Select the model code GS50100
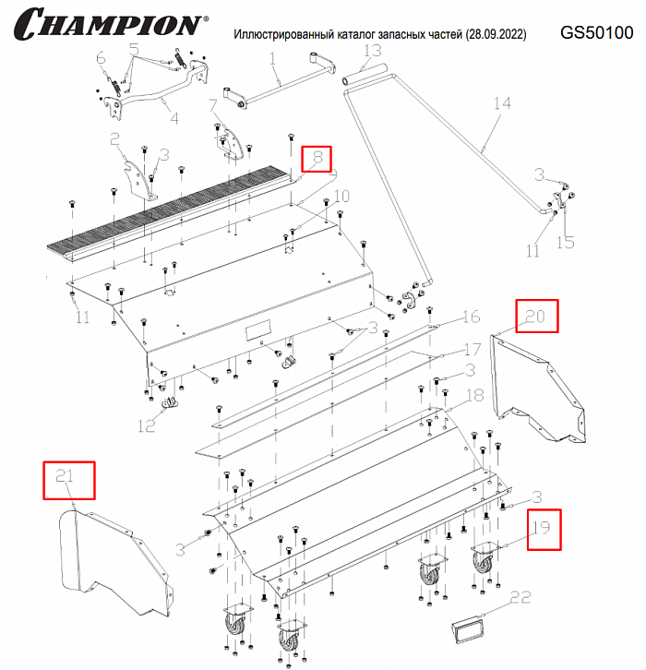pyautogui.click(x=597, y=32)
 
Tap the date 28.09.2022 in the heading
pyautogui.click(x=491, y=34)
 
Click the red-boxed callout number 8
pyautogui.click(x=316, y=159)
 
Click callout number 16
pyautogui.click(x=471, y=317)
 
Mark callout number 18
pyautogui.click(x=474, y=395)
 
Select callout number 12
pyautogui.click(x=146, y=425)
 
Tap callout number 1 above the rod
pyautogui.click(x=273, y=59)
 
